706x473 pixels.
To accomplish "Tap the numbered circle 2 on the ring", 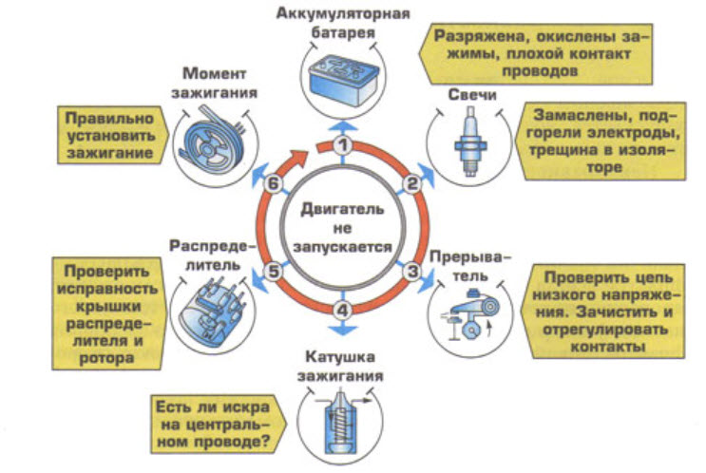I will [x=412, y=182].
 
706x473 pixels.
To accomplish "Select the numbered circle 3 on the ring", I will [x=413, y=271].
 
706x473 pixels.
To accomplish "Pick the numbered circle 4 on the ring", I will [x=344, y=309].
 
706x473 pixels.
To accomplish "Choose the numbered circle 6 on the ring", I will [x=275, y=184].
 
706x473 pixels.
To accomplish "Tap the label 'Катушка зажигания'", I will [x=344, y=366].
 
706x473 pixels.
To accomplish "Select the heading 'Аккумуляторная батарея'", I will [x=344, y=23].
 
